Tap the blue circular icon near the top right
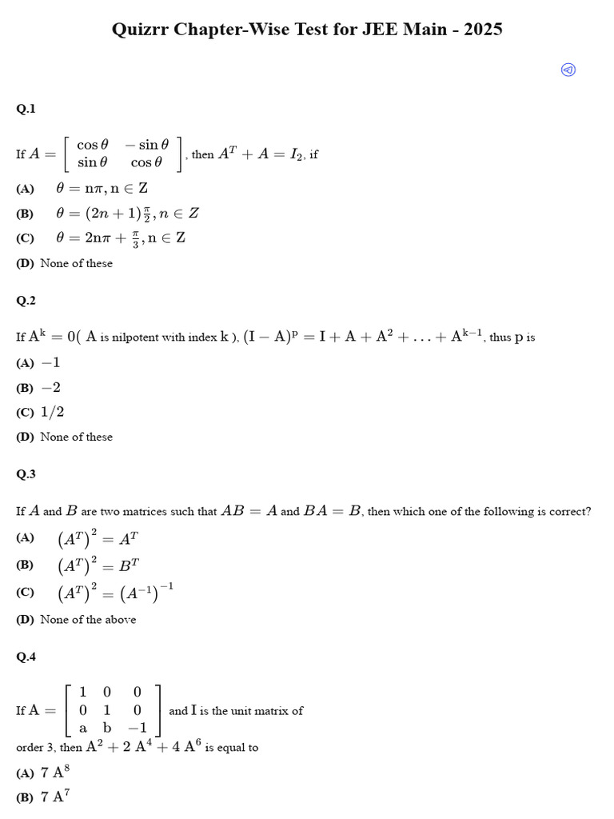click(568, 70)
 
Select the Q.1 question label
click(26, 109)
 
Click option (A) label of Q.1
click(25, 189)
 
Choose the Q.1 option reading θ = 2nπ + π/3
click(121, 238)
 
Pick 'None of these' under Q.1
click(76, 263)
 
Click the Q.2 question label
click(26, 301)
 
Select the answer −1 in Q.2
click(50, 363)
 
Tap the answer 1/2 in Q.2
click(52, 412)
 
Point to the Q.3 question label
click(26, 474)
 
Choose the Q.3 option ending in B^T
click(99, 565)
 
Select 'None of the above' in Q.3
click(88, 620)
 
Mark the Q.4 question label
click(26, 657)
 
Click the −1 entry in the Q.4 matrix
click(138, 729)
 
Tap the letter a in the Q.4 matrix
click(83, 729)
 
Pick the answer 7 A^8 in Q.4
click(53, 773)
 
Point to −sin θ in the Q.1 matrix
click(147, 145)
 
